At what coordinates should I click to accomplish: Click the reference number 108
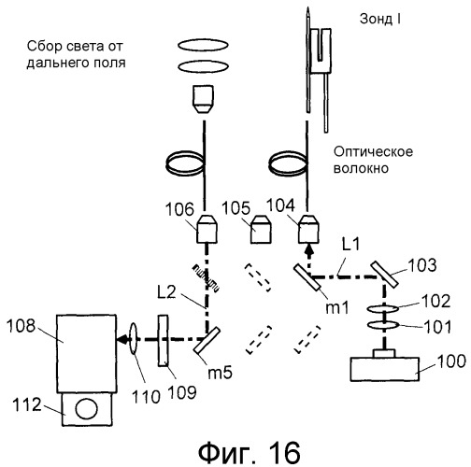21,326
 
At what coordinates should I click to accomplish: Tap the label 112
27,404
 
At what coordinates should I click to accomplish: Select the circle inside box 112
87,409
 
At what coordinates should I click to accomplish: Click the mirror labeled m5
207,340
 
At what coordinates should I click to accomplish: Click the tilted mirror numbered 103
385,275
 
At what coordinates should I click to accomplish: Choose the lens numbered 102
383,309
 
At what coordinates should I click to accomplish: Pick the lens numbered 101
383,325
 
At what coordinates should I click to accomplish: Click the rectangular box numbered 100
385,369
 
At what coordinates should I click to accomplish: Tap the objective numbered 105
261,229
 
